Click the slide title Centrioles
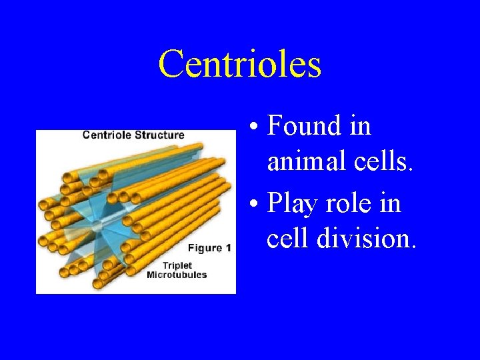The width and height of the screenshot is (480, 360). [240, 64]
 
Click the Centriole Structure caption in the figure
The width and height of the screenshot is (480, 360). [133, 135]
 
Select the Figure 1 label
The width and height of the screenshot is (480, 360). [209, 248]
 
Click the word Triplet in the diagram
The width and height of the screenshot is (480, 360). [161, 265]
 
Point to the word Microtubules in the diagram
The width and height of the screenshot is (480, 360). [177, 275]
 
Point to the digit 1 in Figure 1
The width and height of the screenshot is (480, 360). [228, 248]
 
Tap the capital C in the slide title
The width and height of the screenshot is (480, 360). [171, 64]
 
